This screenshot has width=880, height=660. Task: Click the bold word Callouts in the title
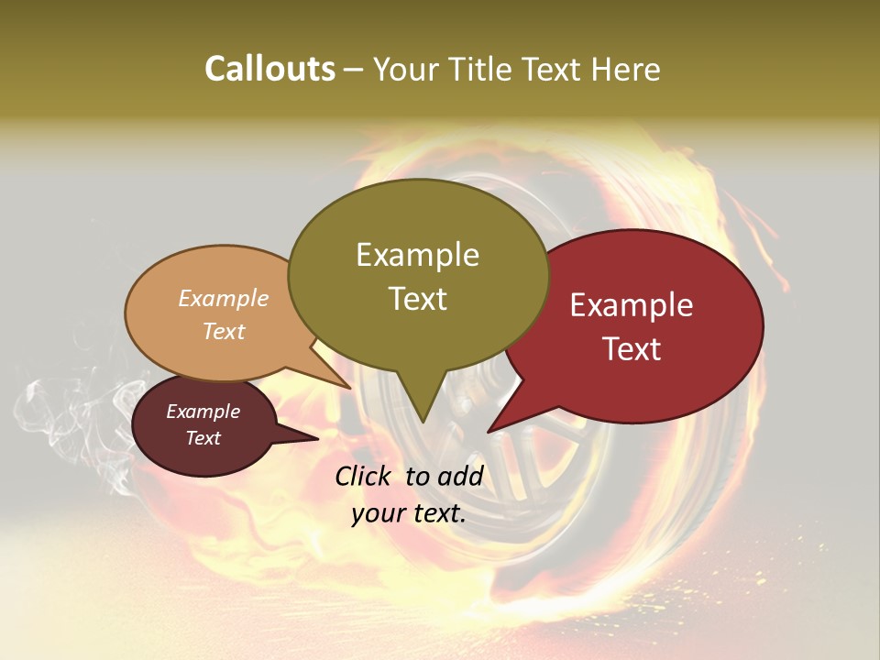click(269, 69)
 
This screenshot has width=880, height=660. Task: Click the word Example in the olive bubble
click(417, 255)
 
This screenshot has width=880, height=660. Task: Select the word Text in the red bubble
click(632, 349)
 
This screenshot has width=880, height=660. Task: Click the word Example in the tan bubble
click(223, 299)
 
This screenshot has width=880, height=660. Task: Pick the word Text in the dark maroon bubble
click(203, 438)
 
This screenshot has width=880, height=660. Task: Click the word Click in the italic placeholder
click(363, 475)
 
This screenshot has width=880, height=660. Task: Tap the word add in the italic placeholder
click(460, 475)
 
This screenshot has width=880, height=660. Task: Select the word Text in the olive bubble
click(417, 299)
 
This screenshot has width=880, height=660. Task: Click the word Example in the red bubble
click(632, 305)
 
